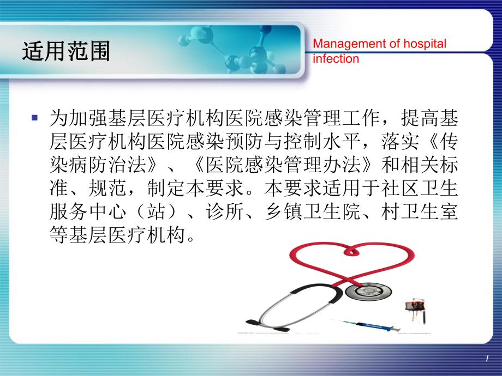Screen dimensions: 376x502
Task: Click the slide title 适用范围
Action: tap(66, 52)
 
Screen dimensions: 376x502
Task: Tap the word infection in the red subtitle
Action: tap(336, 58)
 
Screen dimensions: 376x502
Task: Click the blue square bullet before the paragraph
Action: tap(35, 118)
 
